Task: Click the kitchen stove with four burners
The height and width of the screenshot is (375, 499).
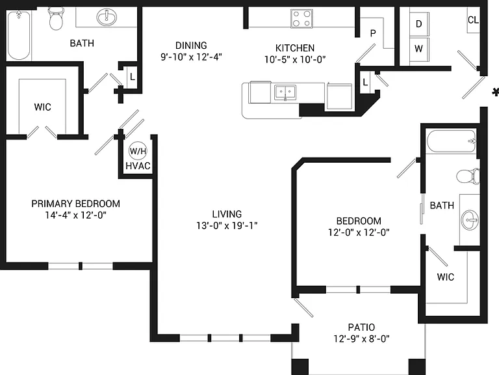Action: pos(301,18)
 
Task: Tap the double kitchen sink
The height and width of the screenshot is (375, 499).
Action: pos(285,92)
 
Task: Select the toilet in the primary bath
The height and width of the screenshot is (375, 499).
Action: pos(56,19)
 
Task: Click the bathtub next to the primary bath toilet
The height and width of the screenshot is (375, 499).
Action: pos(19,35)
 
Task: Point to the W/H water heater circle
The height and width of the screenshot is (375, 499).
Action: pos(138,151)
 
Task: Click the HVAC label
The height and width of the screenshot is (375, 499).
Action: pos(138,166)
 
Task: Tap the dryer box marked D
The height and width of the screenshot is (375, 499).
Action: pos(419,24)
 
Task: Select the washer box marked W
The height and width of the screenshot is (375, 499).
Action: pos(419,49)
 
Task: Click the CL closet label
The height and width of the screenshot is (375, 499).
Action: pos(473,20)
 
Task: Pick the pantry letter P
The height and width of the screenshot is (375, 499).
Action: pos(373,33)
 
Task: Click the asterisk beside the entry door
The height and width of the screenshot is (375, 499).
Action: pos(495,92)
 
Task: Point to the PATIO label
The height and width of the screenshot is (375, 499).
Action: pos(361,327)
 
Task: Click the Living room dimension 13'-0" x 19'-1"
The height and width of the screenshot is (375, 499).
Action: pos(227,226)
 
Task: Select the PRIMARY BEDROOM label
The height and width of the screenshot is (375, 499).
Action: pos(76,204)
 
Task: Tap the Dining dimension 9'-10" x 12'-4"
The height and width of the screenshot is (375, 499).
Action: pos(191,57)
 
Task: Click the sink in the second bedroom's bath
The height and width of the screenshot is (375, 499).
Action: pos(470,219)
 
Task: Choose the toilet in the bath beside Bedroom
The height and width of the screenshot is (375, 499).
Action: pos(468,176)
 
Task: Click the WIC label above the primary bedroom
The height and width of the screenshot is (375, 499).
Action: pos(43,107)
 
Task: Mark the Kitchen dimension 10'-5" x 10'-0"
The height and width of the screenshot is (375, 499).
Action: pos(295,60)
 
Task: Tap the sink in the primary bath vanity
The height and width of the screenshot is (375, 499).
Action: pos(107,17)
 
